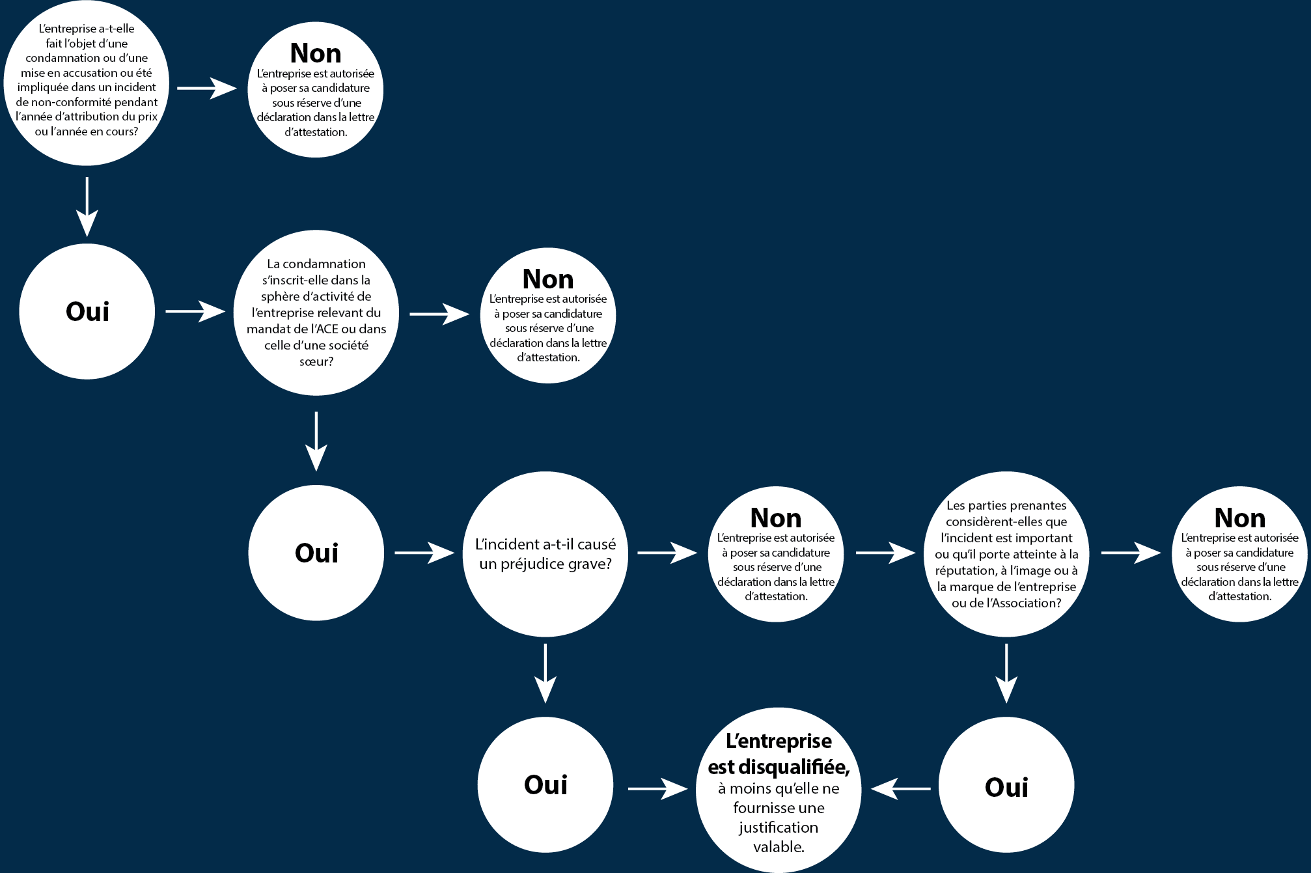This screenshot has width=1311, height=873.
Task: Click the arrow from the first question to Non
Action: coord(207,88)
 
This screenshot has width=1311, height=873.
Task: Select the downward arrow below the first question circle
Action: coord(87,206)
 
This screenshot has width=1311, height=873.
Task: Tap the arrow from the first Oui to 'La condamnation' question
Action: coord(195,311)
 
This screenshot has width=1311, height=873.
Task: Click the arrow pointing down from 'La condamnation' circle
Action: coord(316,441)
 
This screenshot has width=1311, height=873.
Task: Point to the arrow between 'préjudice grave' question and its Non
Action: coord(667,553)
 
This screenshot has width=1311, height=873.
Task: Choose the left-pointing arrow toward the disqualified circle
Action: coord(901,788)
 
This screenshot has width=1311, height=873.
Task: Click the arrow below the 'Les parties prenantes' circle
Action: coord(1006,673)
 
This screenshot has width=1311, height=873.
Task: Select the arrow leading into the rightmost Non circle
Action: coord(1131,553)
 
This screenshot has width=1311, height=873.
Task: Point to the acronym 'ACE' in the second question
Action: coord(325,329)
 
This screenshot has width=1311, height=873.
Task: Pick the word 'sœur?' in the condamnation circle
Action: coord(316,361)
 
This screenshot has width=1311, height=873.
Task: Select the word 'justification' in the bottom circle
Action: coord(779,827)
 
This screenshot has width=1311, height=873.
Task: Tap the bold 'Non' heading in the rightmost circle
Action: coord(1240,518)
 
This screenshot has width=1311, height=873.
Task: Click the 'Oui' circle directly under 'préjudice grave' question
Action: coord(545,785)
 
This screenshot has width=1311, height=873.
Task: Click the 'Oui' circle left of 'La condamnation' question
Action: coord(87,311)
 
